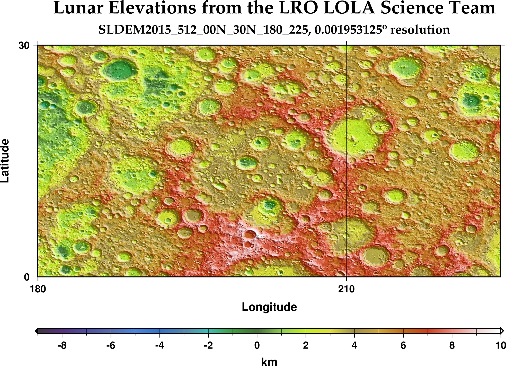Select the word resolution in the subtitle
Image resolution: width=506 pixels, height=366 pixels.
[420, 30]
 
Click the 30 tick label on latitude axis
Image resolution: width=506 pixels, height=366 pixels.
[24, 46]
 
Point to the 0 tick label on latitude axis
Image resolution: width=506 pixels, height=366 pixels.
[27, 277]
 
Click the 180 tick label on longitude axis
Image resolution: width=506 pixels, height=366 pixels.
[38, 289]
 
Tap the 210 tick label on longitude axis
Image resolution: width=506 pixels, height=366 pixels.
[346, 289]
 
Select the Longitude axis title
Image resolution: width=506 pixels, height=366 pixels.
[269, 307]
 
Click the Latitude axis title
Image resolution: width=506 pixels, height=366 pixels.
[5, 161]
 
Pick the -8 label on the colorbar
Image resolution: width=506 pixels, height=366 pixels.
[62, 345]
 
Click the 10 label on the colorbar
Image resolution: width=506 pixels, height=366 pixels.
[500, 345]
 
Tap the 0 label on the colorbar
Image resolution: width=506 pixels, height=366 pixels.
[257, 345]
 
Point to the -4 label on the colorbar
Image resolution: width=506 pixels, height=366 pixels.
[159, 345]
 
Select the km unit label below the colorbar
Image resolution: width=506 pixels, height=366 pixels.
[269, 362]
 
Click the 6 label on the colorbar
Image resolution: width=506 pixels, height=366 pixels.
[403, 345]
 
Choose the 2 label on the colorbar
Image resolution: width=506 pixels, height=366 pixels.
[306, 345]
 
